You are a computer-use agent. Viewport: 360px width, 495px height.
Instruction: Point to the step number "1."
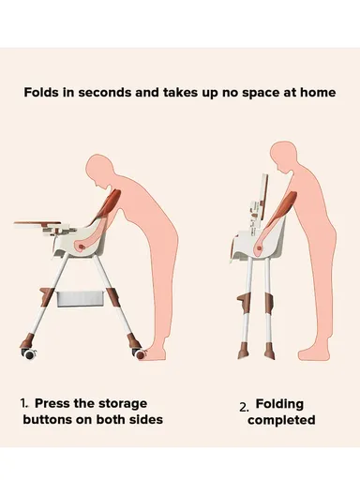point(24,403)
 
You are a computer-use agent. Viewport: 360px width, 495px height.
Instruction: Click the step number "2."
point(244,408)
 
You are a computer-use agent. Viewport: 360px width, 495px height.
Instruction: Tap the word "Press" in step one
point(52,403)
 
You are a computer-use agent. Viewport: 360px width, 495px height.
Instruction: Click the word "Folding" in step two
point(279,404)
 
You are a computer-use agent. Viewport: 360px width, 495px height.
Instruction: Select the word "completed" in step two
point(281,421)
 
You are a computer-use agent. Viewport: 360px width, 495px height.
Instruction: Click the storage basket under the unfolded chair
point(81,299)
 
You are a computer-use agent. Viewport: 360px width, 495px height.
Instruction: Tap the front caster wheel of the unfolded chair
point(29,353)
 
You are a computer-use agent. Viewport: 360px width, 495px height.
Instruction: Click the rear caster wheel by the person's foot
point(140,353)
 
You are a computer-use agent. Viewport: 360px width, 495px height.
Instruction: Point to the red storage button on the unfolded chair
point(81,247)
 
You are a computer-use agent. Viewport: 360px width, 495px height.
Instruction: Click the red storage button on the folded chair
point(259,248)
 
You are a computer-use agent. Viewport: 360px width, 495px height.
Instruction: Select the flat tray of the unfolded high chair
point(37,224)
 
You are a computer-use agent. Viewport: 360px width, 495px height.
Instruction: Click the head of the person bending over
point(98,172)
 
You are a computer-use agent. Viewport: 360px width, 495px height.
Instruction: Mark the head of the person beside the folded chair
point(283,156)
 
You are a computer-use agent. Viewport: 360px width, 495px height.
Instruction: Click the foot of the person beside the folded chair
point(313,353)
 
